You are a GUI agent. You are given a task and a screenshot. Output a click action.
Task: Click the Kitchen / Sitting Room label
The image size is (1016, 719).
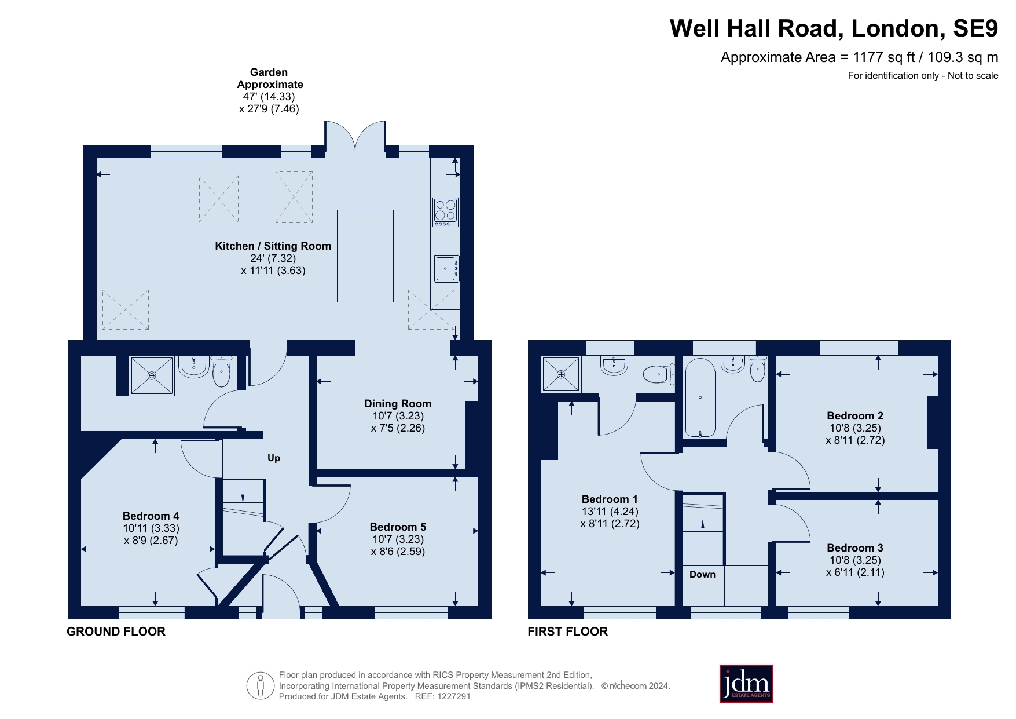[x=273, y=246]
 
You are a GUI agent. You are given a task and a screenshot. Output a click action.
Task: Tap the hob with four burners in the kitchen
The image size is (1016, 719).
[x=445, y=212]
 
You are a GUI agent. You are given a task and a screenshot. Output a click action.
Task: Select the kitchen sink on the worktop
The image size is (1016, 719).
[x=446, y=268]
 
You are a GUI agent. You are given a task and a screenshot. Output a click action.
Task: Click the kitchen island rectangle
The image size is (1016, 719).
[x=365, y=256]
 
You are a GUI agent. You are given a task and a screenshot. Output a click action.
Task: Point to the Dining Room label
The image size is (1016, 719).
[x=398, y=404]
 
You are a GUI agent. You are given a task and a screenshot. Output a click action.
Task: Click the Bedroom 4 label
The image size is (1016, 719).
[x=151, y=516]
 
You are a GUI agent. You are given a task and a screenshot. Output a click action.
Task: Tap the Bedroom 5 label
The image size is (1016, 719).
[x=398, y=527]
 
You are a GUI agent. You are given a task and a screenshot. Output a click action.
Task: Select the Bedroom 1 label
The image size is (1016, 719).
[x=610, y=499]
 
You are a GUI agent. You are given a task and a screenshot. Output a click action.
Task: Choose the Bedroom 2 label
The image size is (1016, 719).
[x=855, y=415]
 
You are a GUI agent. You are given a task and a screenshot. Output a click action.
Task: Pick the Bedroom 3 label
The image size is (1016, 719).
[x=855, y=548]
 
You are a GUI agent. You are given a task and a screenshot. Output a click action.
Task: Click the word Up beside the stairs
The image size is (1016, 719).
[x=274, y=458]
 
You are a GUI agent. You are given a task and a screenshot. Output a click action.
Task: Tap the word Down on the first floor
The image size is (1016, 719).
[x=702, y=574]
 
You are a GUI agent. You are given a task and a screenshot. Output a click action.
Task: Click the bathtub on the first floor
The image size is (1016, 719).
[x=700, y=397]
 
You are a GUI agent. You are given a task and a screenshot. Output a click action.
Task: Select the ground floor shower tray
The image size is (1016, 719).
[x=152, y=376]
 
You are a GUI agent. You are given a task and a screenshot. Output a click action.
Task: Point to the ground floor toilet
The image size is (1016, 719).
[x=221, y=371]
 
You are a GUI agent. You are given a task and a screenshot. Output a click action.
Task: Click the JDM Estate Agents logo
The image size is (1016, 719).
[x=746, y=684]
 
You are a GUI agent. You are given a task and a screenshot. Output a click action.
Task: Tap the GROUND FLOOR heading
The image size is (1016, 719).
[x=116, y=632]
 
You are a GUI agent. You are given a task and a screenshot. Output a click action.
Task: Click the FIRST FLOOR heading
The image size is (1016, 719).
[x=567, y=632]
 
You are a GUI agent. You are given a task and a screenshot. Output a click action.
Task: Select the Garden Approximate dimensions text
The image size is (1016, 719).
[x=269, y=90]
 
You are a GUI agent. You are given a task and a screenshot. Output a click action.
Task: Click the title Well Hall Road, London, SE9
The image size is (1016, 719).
[x=834, y=28]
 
